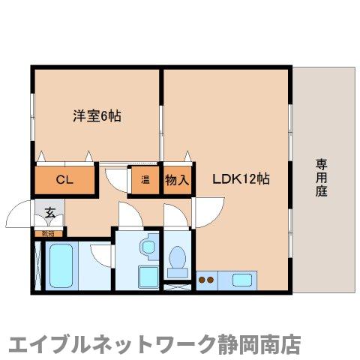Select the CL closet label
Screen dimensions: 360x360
coord(64,180)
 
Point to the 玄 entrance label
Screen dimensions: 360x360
coord(49,212)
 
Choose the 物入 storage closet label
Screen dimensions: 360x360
coord(176,180)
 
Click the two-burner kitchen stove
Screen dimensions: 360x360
coord(206,281)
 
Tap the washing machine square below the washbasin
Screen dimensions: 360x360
coord(146,274)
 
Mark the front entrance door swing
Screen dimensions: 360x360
coord(21,218)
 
